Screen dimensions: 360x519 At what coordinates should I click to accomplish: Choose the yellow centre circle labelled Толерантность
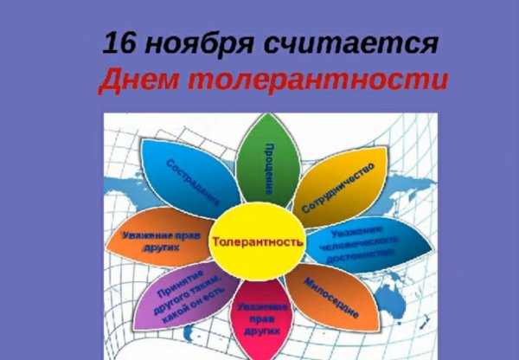[x=258, y=242]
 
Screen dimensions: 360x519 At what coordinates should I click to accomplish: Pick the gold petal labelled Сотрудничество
[x=342, y=182]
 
